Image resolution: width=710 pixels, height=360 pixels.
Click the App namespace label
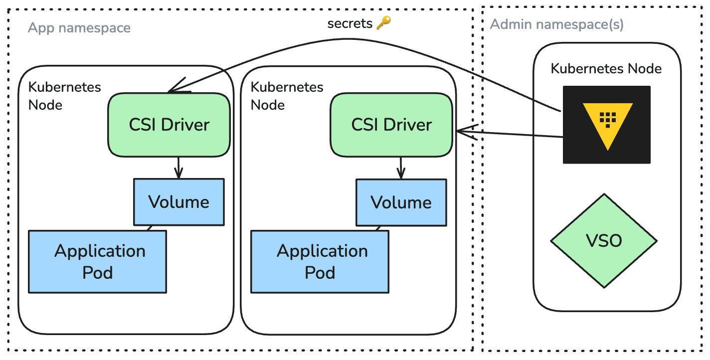[79, 28]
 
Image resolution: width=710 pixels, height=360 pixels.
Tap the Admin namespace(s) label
[556, 24]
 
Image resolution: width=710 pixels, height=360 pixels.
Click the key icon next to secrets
[383, 22]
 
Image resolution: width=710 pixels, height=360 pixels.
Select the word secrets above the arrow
[350, 23]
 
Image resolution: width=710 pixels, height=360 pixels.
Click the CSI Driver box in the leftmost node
[169, 125]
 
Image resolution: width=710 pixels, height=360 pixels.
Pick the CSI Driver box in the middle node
[391, 125]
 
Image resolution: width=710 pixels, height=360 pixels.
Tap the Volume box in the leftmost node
[178, 202]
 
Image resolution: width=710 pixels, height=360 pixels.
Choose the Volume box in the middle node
[401, 202]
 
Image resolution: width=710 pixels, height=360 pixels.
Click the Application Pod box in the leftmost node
[97, 261]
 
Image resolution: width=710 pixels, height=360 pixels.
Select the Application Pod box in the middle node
[320, 261]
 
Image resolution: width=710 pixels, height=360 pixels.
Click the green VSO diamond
[604, 241]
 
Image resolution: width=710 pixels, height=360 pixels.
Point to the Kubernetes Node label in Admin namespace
[606, 68]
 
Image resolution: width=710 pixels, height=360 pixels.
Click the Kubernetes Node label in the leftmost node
[64, 96]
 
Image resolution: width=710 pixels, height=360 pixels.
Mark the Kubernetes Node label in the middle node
[287, 96]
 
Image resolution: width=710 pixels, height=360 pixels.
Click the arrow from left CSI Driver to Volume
[178, 168]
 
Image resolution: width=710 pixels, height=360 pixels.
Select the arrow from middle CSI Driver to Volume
[401, 168]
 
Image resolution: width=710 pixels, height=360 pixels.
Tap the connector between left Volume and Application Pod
[149, 228]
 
